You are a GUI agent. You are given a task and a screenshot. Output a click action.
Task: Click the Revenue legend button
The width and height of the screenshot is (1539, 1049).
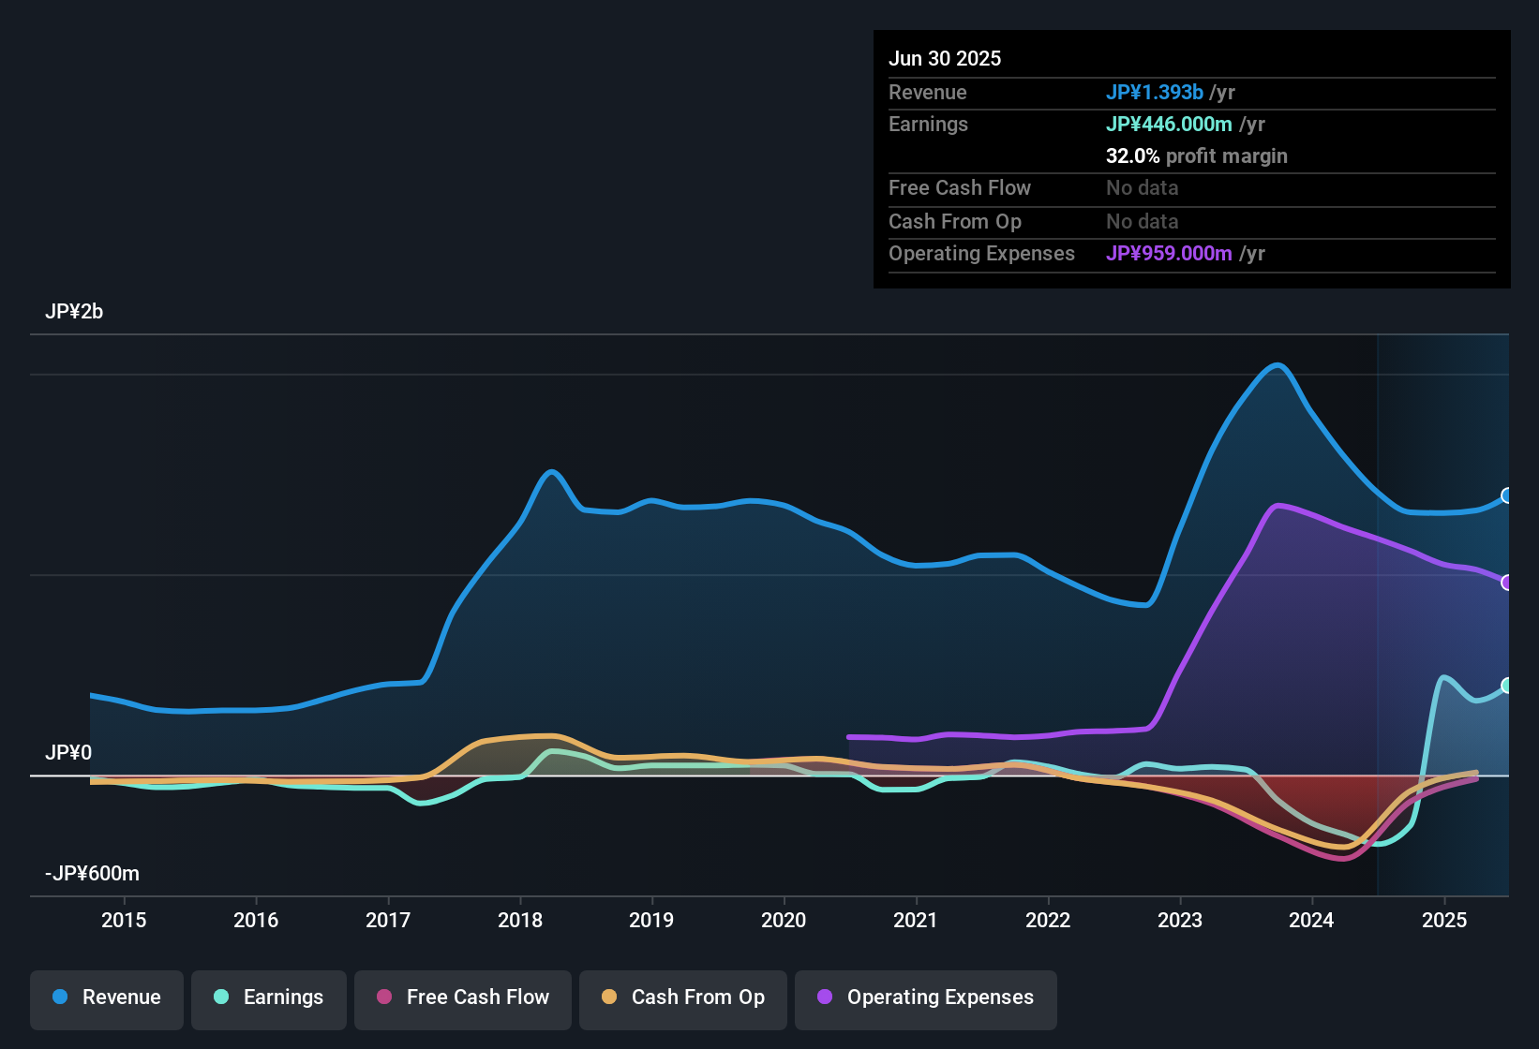107,997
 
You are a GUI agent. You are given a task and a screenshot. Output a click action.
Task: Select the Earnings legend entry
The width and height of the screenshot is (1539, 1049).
269,997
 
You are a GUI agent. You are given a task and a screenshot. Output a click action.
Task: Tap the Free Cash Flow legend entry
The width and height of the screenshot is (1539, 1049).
463,997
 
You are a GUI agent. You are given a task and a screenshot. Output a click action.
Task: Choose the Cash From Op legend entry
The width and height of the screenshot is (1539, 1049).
683,997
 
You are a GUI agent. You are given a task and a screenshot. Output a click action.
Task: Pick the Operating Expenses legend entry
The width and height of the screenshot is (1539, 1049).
926,997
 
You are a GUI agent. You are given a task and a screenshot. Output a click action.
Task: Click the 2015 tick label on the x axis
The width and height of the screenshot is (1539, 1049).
124,920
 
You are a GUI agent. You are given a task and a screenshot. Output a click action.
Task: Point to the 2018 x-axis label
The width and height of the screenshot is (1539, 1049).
520,920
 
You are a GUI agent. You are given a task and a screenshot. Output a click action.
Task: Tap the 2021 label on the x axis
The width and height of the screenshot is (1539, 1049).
916,920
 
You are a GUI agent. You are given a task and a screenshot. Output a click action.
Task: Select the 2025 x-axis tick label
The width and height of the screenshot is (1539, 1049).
1444,920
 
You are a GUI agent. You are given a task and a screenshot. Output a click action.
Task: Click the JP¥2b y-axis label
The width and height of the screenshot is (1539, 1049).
74,312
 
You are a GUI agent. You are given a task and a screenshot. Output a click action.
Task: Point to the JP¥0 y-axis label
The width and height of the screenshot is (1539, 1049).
68,752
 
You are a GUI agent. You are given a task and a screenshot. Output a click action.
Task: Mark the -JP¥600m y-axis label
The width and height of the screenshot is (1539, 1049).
92,874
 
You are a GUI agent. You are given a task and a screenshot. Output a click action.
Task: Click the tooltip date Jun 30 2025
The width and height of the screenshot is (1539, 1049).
945,58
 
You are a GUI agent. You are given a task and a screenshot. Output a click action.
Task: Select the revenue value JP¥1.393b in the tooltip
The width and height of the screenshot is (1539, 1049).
1155,92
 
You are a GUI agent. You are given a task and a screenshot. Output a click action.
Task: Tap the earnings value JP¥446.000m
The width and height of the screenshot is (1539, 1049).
1169,124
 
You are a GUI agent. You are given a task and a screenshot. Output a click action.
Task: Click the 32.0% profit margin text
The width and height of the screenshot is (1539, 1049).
1196,155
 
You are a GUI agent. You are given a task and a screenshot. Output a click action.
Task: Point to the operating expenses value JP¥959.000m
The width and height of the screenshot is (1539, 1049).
1169,253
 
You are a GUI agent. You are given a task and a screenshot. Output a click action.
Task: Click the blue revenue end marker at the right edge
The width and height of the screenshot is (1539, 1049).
1507,495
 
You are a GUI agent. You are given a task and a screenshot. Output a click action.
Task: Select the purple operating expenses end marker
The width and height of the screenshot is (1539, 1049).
1507,583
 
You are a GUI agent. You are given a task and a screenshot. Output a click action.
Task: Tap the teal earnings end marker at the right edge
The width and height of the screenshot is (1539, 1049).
1507,686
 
